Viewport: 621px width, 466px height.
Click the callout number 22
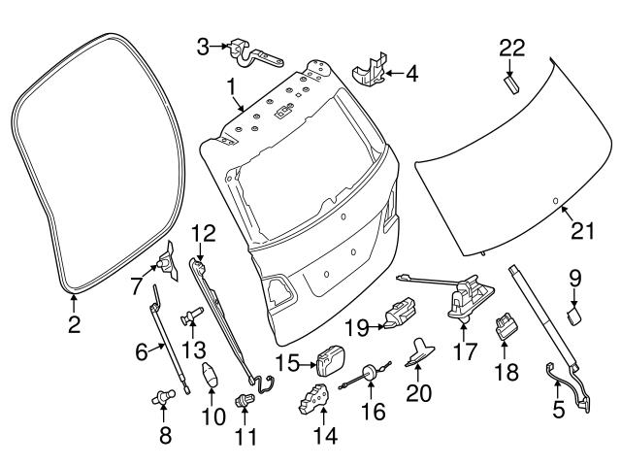(511, 47)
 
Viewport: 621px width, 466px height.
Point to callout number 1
(233, 88)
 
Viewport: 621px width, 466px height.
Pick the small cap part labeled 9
(574, 313)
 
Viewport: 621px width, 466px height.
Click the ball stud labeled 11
(243, 400)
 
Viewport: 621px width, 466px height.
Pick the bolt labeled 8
(159, 397)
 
